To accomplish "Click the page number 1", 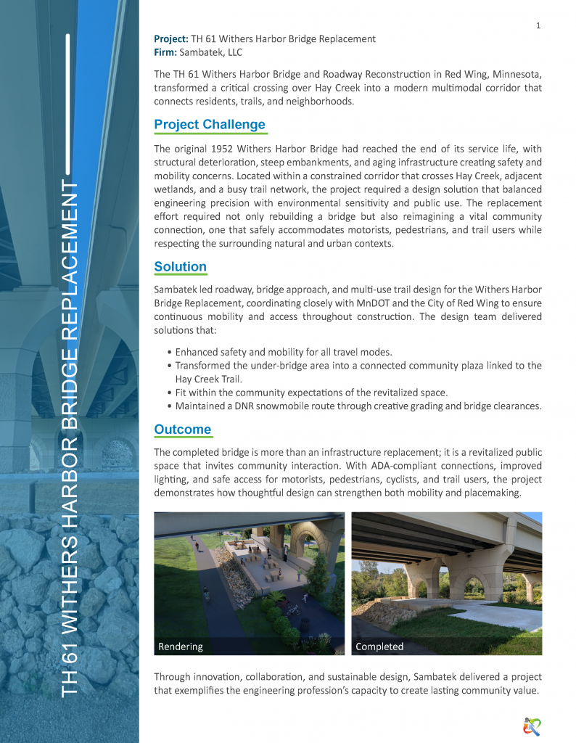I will click(538, 26).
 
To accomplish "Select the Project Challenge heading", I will click(210, 125).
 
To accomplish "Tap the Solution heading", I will click(180, 267).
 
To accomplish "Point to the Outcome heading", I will click(182, 430).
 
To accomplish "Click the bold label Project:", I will click(171, 38).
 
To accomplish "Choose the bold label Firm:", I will click(165, 52).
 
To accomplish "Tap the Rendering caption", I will click(181, 646).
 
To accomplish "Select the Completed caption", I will click(379, 646).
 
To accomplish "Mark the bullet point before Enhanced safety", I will click(169, 353).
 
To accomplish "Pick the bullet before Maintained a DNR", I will click(169, 406).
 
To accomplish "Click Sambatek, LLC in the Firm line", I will click(215, 52).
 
